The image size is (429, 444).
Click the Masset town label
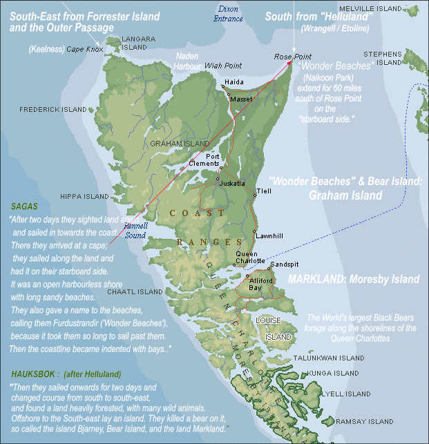tap(241, 100)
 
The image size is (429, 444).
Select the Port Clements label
tap(204, 160)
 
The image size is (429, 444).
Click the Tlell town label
tap(264, 191)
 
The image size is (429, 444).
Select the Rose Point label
tap(292, 56)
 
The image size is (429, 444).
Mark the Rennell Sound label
tap(135, 230)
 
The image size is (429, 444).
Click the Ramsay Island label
tap(364, 421)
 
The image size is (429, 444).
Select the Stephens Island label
tap(384, 58)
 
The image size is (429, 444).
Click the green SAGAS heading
tap(24, 206)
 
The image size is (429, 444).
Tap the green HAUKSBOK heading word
tap(35, 374)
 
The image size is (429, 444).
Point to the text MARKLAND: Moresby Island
tap(353, 280)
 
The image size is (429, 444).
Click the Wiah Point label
tap(220, 65)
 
